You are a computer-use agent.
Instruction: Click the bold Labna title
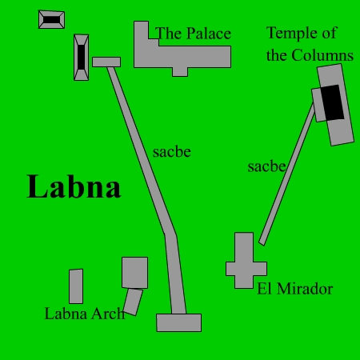click(74, 186)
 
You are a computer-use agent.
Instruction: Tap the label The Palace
click(193, 34)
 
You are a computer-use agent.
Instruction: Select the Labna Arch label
click(85, 314)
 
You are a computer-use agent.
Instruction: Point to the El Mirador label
click(295, 289)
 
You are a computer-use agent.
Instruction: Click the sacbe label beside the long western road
click(172, 152)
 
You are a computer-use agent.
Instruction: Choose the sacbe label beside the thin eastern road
click(266, 166)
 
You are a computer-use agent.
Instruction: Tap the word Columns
click(322, 55)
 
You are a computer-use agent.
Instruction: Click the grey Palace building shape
click(182, 57)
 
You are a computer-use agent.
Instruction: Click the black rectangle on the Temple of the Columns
click(332, 102)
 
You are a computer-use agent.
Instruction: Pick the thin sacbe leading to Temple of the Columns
click(287, 174)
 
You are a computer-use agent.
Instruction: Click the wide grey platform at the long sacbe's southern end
click(179, 322)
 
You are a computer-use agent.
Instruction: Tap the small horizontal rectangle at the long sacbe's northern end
click(106, 62)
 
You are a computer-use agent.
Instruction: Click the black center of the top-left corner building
click(51, 20)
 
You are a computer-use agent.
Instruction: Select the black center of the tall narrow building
click(82, 58)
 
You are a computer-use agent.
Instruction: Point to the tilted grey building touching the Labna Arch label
click(133, 302)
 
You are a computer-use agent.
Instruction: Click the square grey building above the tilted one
click(134, 273)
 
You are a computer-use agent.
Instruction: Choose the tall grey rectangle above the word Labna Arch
click(76, 286)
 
